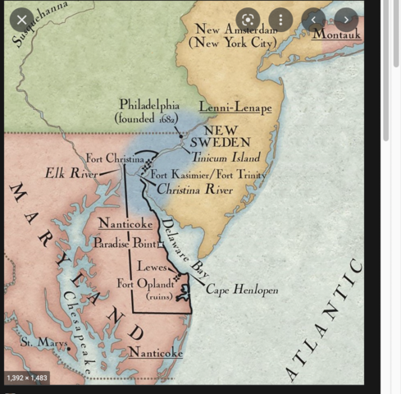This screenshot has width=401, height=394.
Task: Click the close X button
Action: tap(22, 19)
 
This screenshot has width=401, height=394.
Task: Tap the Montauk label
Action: tap(336, 34)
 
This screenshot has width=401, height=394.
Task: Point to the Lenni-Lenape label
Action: tap(235, 108)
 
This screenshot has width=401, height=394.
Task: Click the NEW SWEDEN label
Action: tap(220, 136)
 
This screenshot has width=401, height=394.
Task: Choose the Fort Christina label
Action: tap(115, 158)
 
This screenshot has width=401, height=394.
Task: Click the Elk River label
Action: tap(71, 174)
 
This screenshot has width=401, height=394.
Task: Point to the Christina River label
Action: tap(194, 190)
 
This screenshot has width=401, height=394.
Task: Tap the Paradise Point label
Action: tap(124, 243)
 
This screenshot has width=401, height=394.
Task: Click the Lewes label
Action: tap(152, 267)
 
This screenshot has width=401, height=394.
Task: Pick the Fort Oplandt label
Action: tap(148, 284)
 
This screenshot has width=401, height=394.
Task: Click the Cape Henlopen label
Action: tap(242, 290)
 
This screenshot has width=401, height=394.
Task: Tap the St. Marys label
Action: tap(44, 341)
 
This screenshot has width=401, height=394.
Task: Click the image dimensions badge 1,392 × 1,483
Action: tap(27, 378)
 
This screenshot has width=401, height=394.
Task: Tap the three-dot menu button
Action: tap(280, 19)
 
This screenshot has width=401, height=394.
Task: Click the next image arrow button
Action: tap(345, 19)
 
